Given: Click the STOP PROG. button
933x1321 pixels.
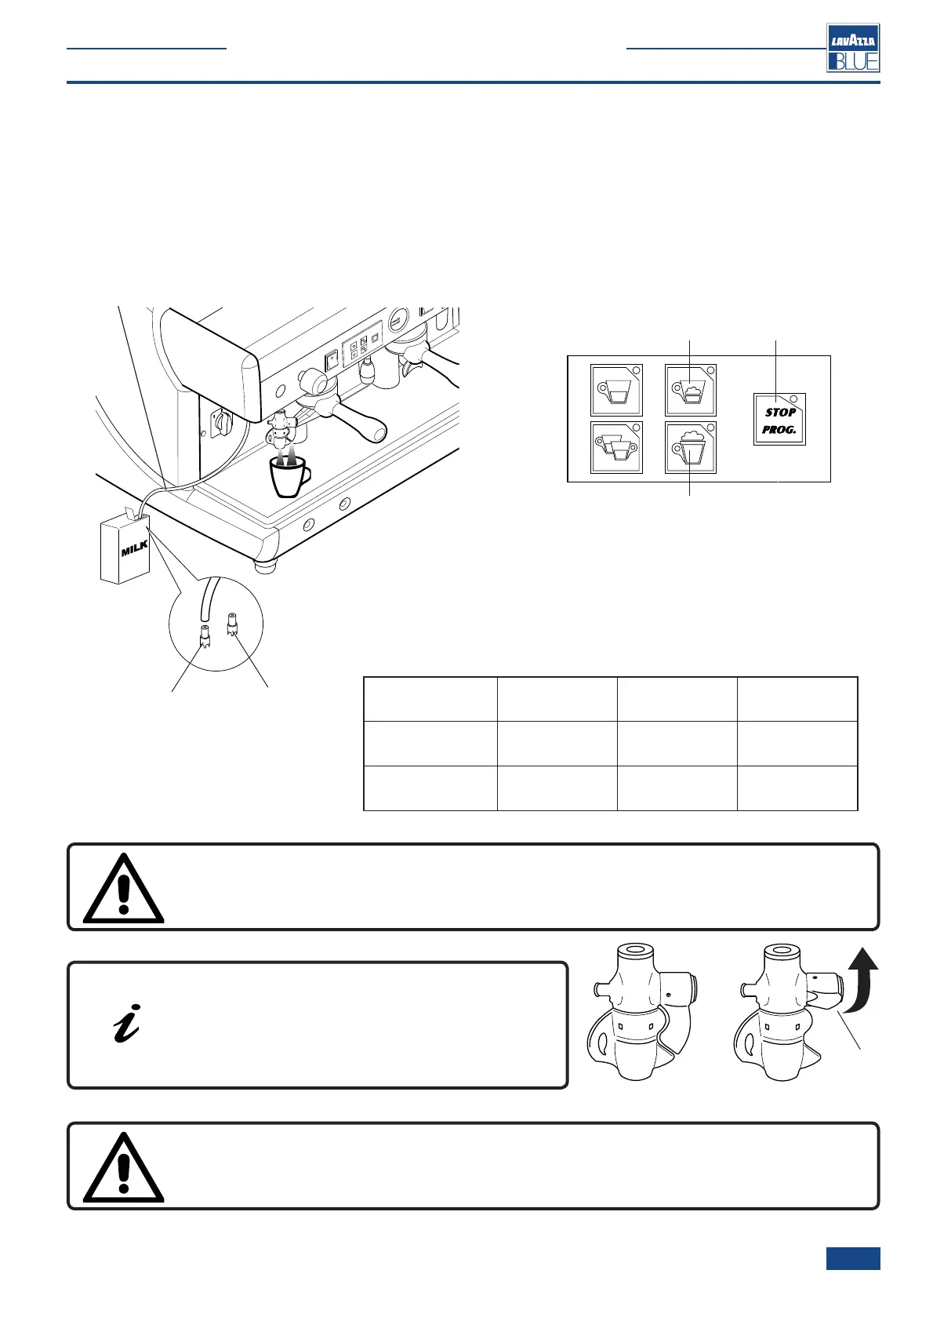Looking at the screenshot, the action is pos(779,420).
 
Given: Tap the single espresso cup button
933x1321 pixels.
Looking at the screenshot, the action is pos(616,390).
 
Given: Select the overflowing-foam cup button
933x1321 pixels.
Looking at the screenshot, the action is pos(690,448).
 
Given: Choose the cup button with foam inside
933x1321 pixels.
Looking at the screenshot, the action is pos(690,390).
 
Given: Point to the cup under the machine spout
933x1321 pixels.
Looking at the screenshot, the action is pos(288,475).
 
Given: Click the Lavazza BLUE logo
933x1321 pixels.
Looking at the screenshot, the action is pos(853,48).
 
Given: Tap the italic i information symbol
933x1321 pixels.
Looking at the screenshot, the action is pos(127,1023).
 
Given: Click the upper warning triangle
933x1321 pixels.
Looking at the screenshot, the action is pos(123,889).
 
